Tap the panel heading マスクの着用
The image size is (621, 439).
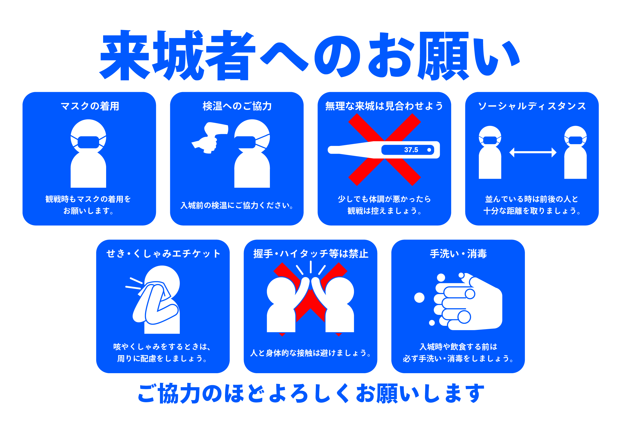coord(90,106)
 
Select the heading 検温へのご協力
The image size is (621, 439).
coord(237,106)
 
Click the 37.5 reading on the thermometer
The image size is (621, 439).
coord(411,150)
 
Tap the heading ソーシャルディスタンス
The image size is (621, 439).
coord(532,106)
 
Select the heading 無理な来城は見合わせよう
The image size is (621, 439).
coord(384,106)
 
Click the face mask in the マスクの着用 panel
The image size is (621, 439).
coord(88,142)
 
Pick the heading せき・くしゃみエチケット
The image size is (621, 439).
coord(163,254)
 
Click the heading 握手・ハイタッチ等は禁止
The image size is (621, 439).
coord(310,254)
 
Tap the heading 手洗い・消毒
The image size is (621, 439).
coord(458,254)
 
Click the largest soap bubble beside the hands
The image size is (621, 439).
coord(419,298)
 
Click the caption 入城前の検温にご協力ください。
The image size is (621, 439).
coord(237,205)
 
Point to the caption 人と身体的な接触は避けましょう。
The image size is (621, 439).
coord(310,353)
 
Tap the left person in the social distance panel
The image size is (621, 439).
coord(490,152)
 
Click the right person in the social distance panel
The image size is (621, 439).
coord(575,152)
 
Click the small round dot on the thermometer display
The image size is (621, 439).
coord(429,150)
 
